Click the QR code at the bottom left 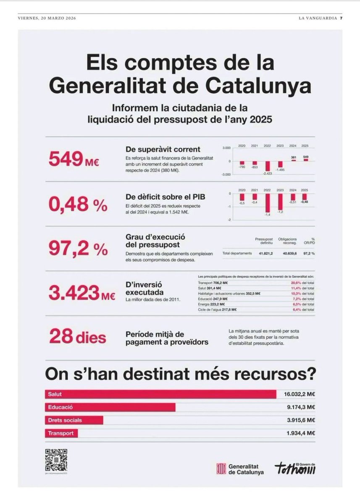tap(56, 459)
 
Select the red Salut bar tap(160, 394)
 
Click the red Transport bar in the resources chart tap(61, 433)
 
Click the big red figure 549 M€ tap(74, 159)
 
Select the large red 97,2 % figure tap(78, 249)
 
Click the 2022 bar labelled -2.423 tap(268, 165)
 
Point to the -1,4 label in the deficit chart tap(267, 215)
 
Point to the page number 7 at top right tap(341, 18)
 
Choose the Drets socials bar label tap(65, 420)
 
